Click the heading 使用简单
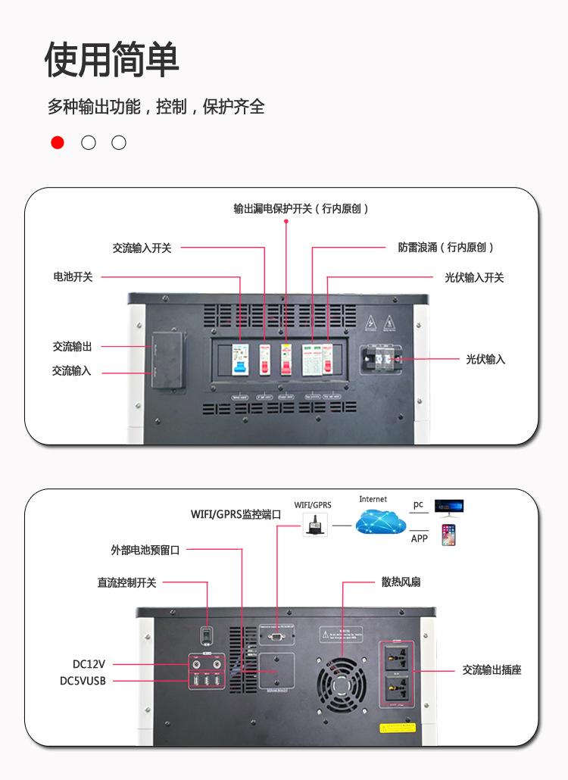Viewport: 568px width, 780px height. click(x=112, y=60)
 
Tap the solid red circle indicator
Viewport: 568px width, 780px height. click(x=58, y=142)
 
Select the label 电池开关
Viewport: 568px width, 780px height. click(x=73, y=277)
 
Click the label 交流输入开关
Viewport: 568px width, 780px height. click(x=142, y=248)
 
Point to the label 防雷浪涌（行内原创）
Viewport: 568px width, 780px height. click(x=446, y=248)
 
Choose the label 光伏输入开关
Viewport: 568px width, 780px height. click(x=474, y=278)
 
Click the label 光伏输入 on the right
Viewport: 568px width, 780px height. click(x=485, y=359)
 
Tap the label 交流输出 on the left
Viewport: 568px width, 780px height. click(x=72, y=346)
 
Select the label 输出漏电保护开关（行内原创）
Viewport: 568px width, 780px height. click(x=301, y=208)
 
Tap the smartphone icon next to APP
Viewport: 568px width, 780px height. click(x=448, y=535)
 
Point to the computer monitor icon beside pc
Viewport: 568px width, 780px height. click(x=448, y=506)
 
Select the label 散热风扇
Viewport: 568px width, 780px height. click(x=401, y=582)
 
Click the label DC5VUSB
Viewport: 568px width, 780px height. click(x=83, y=681)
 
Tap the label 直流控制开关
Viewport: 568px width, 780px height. click(x=126, y=582)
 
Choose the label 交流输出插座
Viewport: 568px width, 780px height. click(x=492, y=670)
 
